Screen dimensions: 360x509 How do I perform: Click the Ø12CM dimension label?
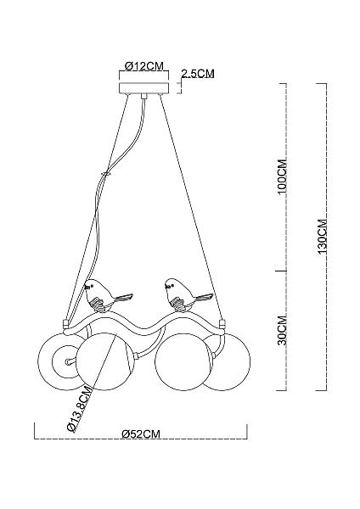(x=143, y=66)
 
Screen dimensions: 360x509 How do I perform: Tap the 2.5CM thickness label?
(x=198, y=74)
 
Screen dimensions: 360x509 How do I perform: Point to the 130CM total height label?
(x=323, y=237)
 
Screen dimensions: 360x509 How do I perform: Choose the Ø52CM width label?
(x=141, y=434)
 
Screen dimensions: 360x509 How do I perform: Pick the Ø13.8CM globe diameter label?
(x=79, y=409)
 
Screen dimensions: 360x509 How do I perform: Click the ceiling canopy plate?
(x=144, y=87)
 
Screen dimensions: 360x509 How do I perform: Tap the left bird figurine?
(x=107, y=295)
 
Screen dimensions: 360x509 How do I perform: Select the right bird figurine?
(x=187, y=294)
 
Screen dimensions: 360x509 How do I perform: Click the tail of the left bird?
(x=124, y=298)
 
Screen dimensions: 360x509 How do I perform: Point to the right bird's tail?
(x=204, y=298)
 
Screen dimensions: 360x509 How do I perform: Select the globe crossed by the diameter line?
(x=105, y=361)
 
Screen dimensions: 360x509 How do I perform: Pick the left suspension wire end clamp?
(x=65, y=323)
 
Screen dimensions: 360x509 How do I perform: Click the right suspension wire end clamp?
(x=222, y=324)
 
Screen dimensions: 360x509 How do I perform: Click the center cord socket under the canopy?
(x=143, y=96)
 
